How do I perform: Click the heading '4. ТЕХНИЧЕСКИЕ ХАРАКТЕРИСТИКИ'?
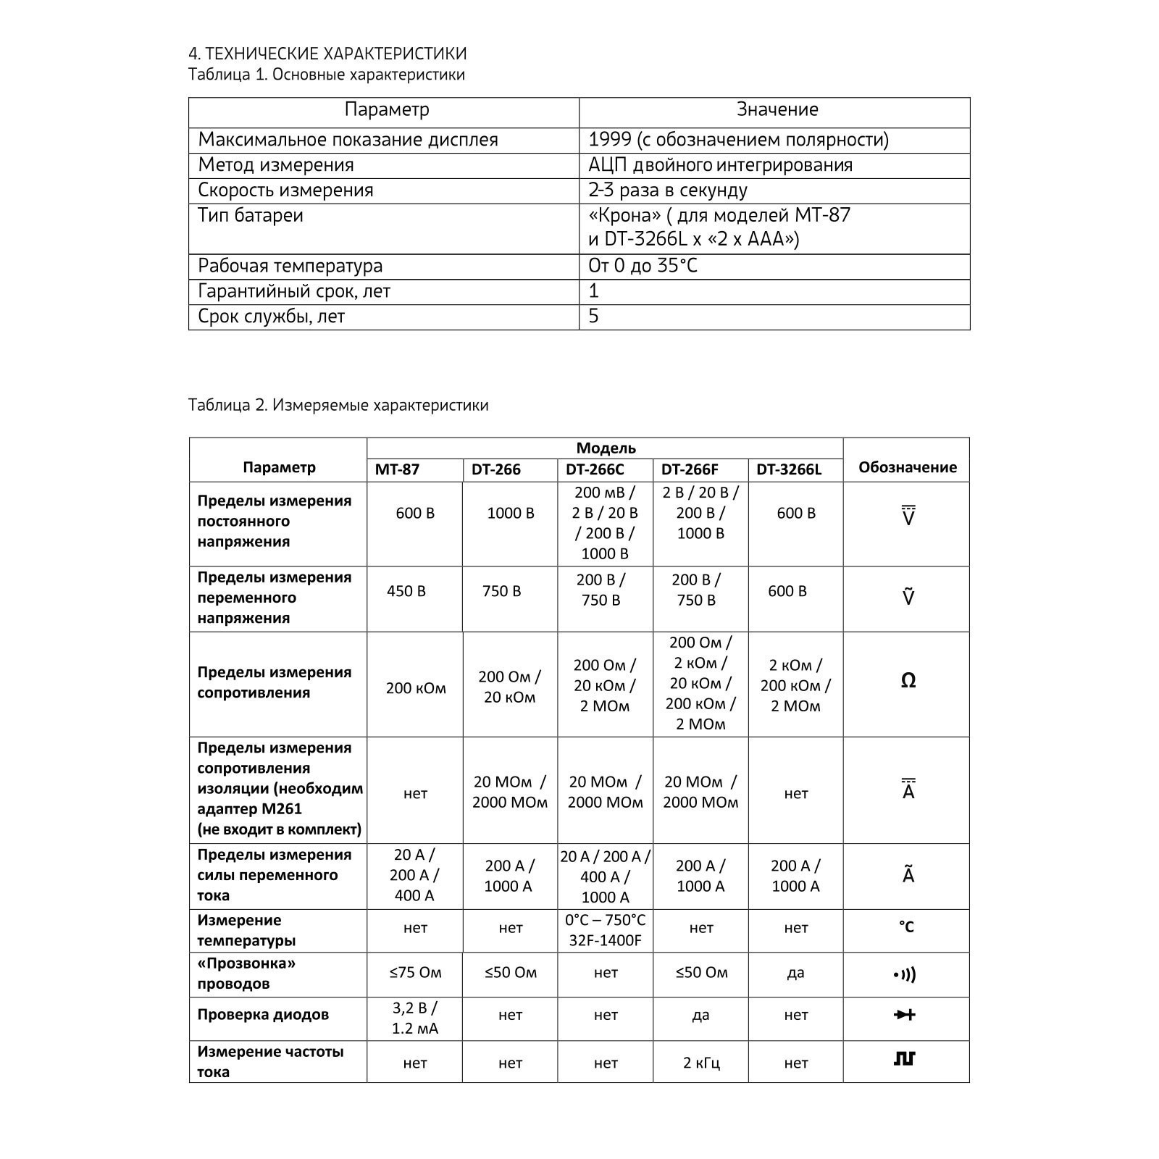[x=327, y=54]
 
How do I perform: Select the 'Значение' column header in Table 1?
[x=777, y=109]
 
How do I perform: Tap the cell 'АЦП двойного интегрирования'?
[x=720, y=165]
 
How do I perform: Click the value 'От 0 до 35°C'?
[x=643, y=266]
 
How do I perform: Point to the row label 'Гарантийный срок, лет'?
[x=294, y=291]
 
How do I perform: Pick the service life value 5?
[x=593, y=317]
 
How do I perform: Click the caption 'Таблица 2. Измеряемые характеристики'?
[x=338, y=405]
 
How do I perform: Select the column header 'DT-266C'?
[x=595, y=469]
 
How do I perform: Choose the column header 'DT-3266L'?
[x=789, y=469]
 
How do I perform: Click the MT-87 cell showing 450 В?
[x=406, y=591]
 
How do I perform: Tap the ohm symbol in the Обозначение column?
[x=908, y=681]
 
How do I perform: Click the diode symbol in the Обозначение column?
[x=905, y=1015]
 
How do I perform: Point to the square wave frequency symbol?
[x=905, y=1059]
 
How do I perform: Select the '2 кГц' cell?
[x=700, y=1063]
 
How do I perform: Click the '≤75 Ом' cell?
[x=415, y=972]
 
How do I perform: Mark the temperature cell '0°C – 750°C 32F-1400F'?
[x=605, y=931]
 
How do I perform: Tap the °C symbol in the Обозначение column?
[x=906, y=927]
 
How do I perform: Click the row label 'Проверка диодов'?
[x=263, y=1014]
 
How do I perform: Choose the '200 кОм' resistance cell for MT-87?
[x=416, y=688]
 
